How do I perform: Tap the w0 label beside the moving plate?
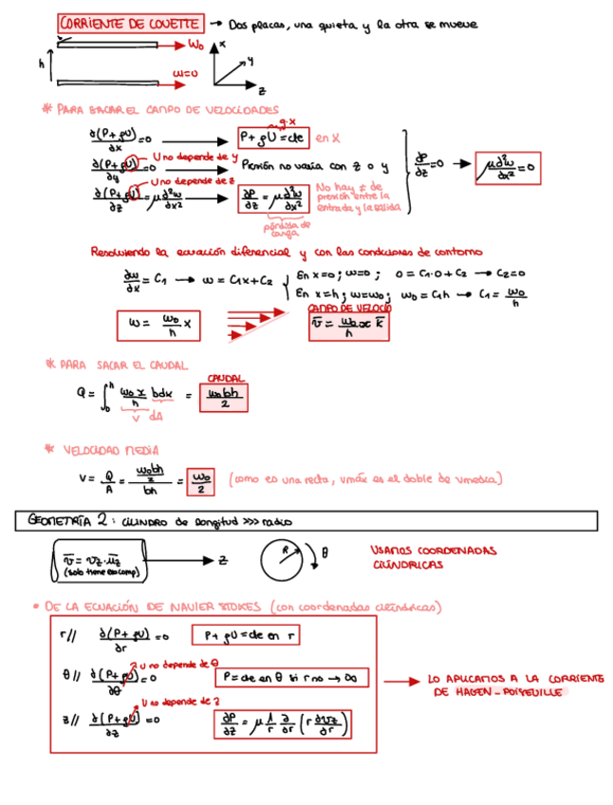(195, 44)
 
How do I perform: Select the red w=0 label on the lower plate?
(185, 73)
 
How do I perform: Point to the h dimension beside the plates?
(42, 63)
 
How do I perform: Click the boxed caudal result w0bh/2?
(224, 395)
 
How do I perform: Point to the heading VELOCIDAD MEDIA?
(111, 450)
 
